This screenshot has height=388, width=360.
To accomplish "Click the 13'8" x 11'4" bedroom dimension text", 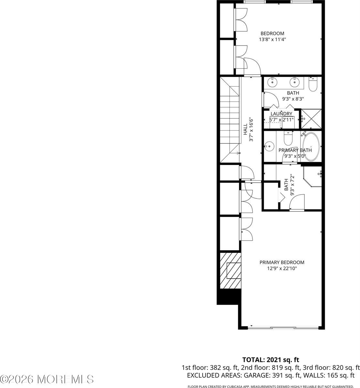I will pos(272,39).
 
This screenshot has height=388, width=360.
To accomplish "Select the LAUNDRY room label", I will pos(281,114).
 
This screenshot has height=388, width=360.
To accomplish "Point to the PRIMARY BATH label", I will pos(295,150).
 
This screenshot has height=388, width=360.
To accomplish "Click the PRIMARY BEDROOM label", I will pos(282,262).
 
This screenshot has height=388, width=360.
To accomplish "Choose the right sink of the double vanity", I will pos(295,82).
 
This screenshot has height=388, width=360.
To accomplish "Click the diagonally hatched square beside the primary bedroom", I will pos(230,271).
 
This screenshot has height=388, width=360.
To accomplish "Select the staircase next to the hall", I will pos(230,120).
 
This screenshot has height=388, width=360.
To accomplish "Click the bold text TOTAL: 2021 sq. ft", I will pos(271,360).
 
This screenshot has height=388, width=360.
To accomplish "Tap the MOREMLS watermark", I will pos(47,378).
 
